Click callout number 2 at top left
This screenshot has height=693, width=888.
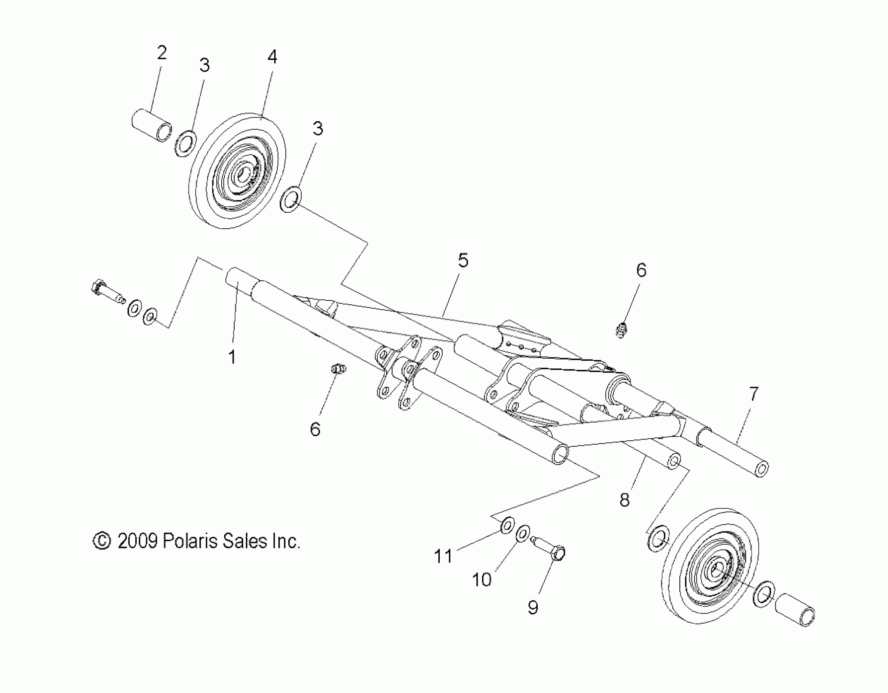click(162, 53)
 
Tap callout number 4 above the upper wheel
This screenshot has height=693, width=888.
click(272, 57)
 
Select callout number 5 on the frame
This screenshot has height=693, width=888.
click(463, 260)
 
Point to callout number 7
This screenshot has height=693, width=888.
click(754, 394)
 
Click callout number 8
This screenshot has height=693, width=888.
click(624, 499)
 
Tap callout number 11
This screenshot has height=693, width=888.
click(443, 556)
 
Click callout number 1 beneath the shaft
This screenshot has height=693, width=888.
click(232, 357)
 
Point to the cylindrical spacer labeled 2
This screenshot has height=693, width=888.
click(151, 125)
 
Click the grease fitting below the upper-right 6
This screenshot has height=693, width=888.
click(620, 329)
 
